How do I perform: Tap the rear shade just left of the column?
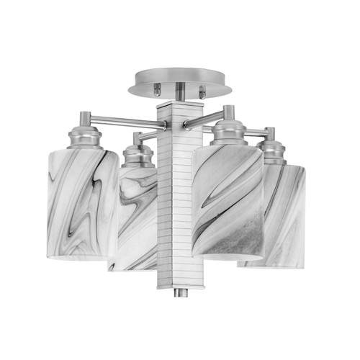click(x=135, y=216)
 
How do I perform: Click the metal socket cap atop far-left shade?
click(x=85, y=137)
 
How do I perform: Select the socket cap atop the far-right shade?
click(x=272, y=151)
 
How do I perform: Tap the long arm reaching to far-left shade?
click(x=122, y=120)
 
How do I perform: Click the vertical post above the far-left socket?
click(x=85, y=118)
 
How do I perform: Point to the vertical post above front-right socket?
click(x=228, y=114)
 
